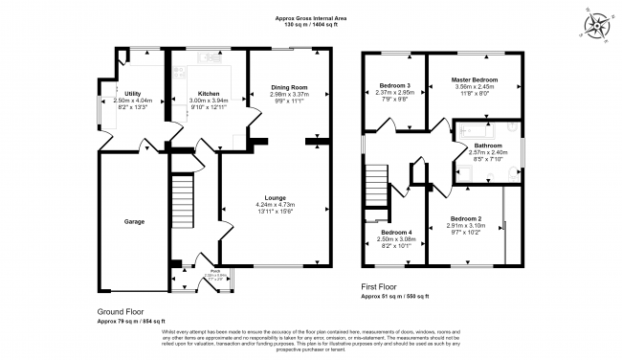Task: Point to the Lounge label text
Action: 276,197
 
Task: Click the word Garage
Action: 134,221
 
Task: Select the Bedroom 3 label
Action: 395,86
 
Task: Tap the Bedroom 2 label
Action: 466,218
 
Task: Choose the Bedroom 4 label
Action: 395,233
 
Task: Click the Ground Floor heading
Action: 122,312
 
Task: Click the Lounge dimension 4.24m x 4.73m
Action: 276,205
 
